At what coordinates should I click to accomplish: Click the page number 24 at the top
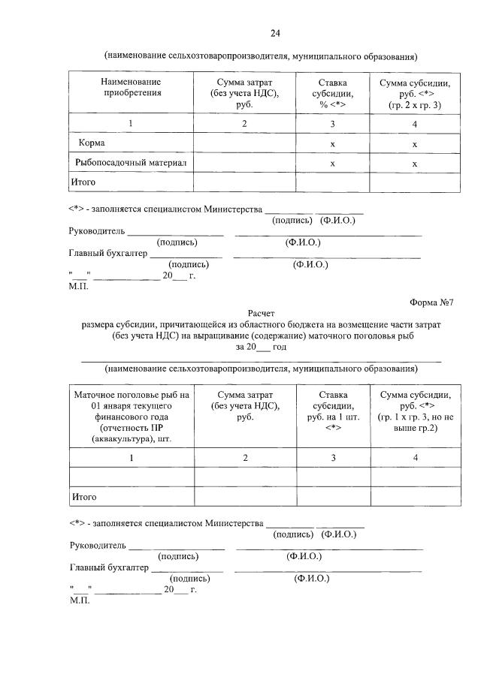[x=275, y=33]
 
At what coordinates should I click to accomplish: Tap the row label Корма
[x=94, y=143]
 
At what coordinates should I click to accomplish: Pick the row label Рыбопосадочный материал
[x=129, y=162]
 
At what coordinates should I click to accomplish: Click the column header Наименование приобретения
[x=132, y=87]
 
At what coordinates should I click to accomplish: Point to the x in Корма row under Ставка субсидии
[x=331, y=143]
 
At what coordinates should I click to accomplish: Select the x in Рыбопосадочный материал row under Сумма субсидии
[x=414, y=163]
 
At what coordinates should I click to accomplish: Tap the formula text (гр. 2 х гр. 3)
[x=415, y=105]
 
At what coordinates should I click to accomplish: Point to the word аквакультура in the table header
[x=122, y=438]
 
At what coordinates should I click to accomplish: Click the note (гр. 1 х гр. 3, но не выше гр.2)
[x=416, y=422]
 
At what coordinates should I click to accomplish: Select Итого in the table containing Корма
[x=83, y=182]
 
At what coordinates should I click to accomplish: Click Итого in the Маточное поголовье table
[x=83, y=497]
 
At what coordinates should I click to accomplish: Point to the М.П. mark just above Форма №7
[x=78, y=286]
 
